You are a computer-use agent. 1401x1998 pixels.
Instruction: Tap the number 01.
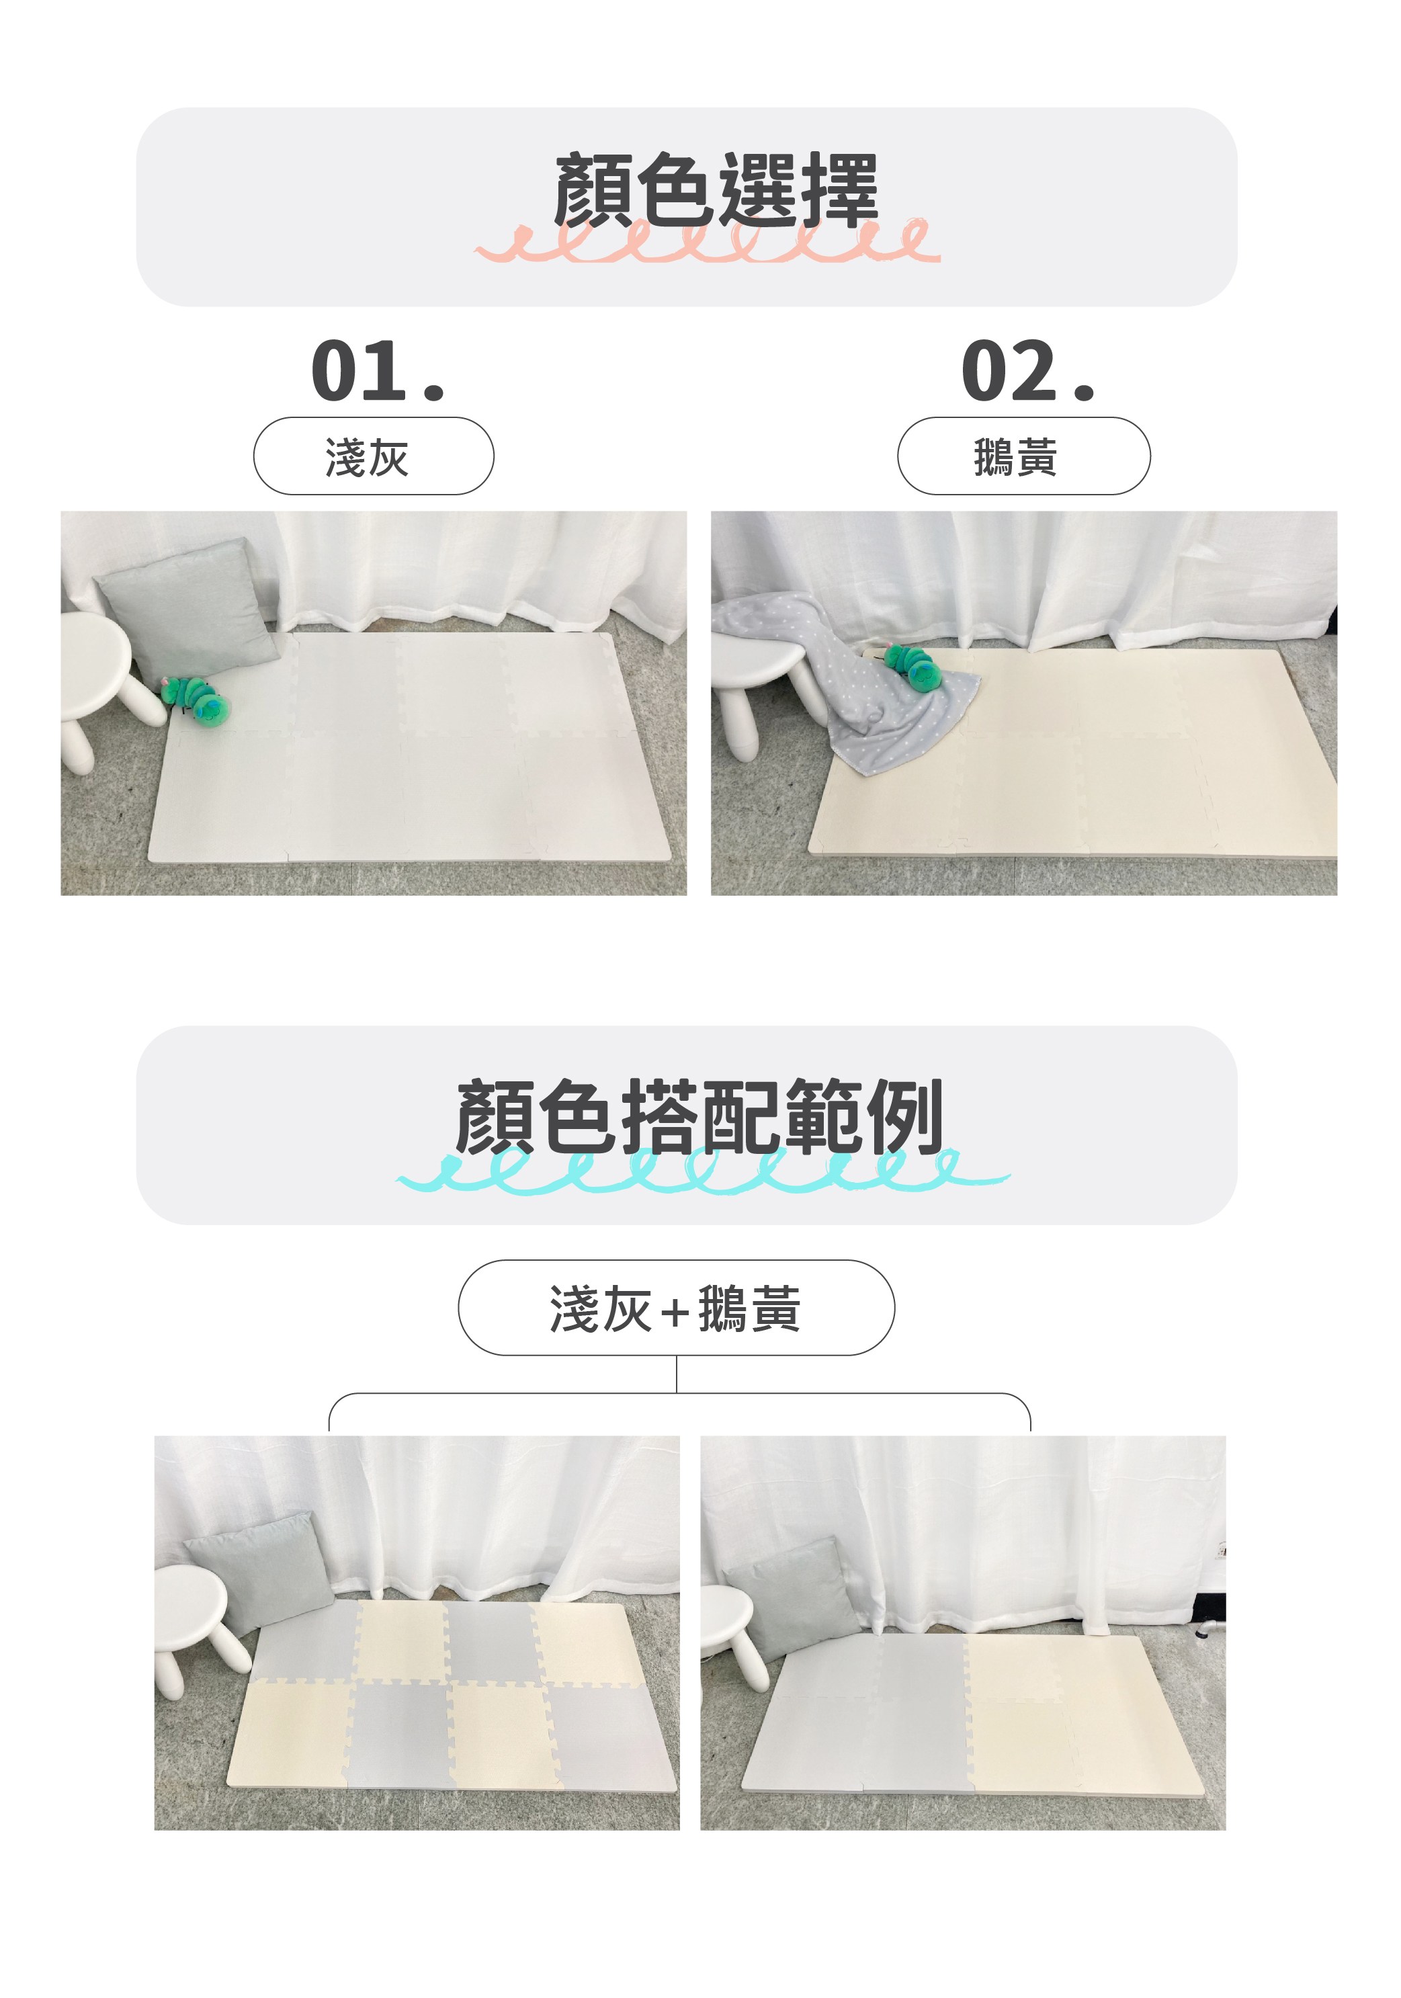click(x=378, y=372)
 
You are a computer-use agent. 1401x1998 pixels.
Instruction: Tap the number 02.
click(x=1027, y=372)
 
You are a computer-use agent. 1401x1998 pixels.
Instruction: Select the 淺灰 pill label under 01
click(x=374, y=456)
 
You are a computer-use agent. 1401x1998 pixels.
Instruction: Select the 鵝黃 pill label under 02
click(x=1023, y=456)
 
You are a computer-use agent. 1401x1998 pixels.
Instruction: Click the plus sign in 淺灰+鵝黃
click(x=675, y=1310)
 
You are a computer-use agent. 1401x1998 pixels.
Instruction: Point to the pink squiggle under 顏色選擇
click(x=708, y=240)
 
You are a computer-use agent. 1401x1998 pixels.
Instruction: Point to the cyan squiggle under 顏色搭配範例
click(x=703, y=1169)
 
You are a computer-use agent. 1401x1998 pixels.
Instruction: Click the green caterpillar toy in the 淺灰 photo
click(x=197, y=700)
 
